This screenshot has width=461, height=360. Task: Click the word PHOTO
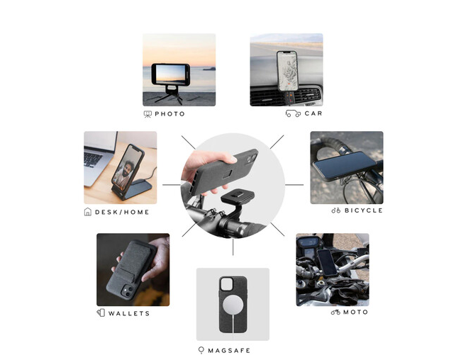[170, 113]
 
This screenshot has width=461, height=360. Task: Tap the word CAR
[313, 113]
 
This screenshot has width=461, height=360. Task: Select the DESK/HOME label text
[122, 212]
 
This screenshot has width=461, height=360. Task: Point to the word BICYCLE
[364, 210]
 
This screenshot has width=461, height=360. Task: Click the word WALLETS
[129, 313]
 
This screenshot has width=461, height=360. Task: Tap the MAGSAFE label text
[229, 350]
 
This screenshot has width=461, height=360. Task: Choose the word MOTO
[355, 312]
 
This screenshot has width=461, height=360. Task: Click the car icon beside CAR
[293, 113]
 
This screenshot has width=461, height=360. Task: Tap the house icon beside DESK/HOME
[88, 212]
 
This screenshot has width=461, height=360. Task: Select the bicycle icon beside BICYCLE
[335, 210]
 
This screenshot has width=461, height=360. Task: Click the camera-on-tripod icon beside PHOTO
[148, 114]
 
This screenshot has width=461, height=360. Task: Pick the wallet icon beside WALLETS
[101, 313]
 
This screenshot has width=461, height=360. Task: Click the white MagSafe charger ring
[233, 305]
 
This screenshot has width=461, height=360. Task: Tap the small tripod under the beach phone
[170, 95]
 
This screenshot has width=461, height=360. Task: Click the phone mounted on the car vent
[287, 71]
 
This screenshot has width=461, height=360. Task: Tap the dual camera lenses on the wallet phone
[127, 291]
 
